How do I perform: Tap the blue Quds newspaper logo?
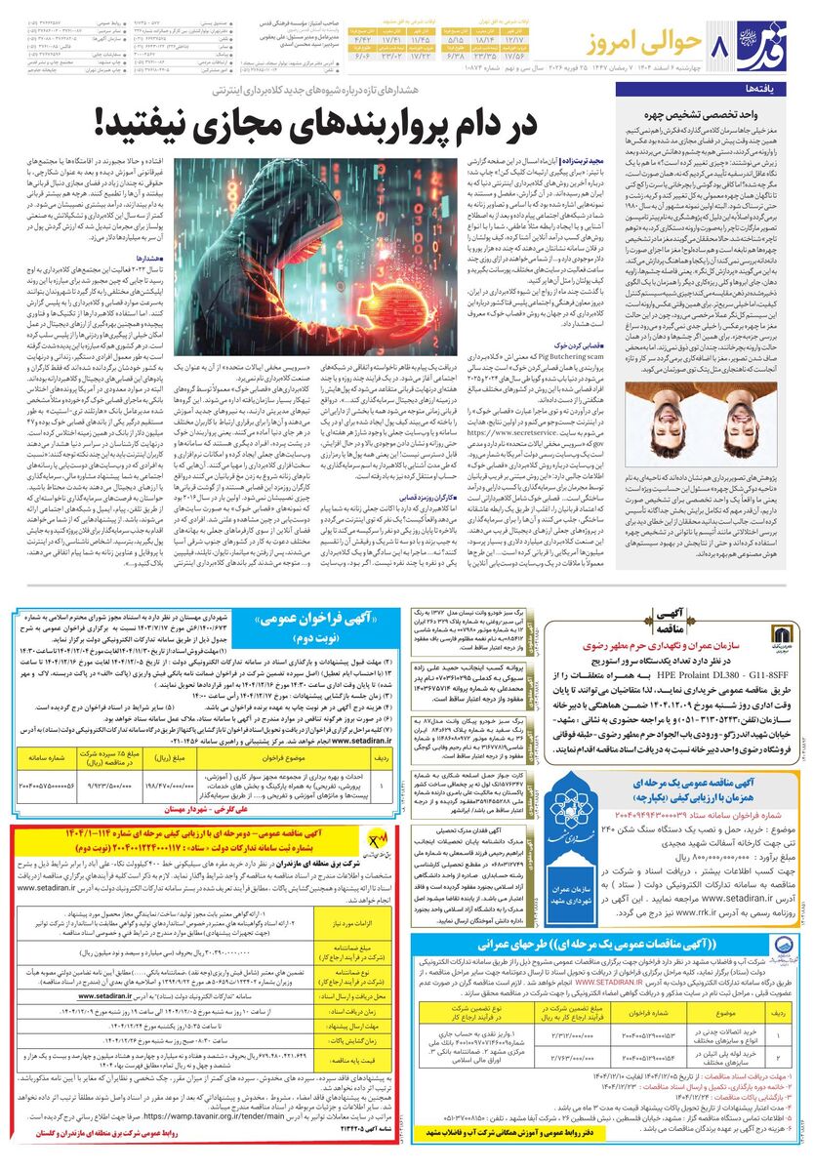770,43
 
